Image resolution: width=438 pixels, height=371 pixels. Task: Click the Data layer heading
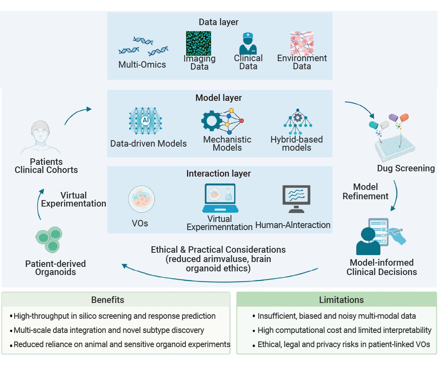pos(219,22)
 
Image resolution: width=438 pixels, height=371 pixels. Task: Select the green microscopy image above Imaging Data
pos(199,43)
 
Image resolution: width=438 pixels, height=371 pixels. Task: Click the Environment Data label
pos(302,62)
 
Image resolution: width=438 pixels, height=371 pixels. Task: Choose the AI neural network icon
pos(145,120)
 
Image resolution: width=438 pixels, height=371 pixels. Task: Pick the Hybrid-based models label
pos(296,143)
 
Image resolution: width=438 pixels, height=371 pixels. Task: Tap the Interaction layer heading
pos(219,174)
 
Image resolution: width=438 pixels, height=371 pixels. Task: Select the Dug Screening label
pos(406,168)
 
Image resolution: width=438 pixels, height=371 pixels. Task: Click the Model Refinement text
pos(365,192)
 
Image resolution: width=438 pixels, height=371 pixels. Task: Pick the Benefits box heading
pos(107,300)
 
